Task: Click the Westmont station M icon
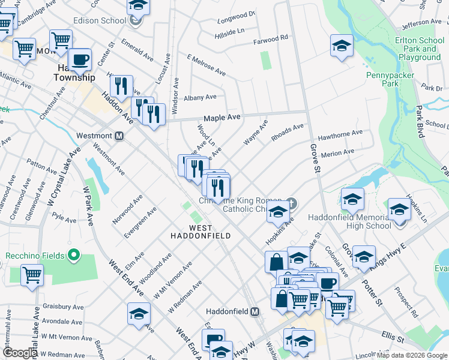[119, 136]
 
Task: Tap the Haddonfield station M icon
[255, 312]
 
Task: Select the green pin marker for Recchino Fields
[74, 256]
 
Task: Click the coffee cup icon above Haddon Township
[79, 59]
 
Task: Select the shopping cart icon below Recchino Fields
[32, 275]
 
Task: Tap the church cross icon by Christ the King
[292, 202]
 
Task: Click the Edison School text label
[99, 20]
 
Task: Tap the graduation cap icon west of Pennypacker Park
[341, 46]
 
